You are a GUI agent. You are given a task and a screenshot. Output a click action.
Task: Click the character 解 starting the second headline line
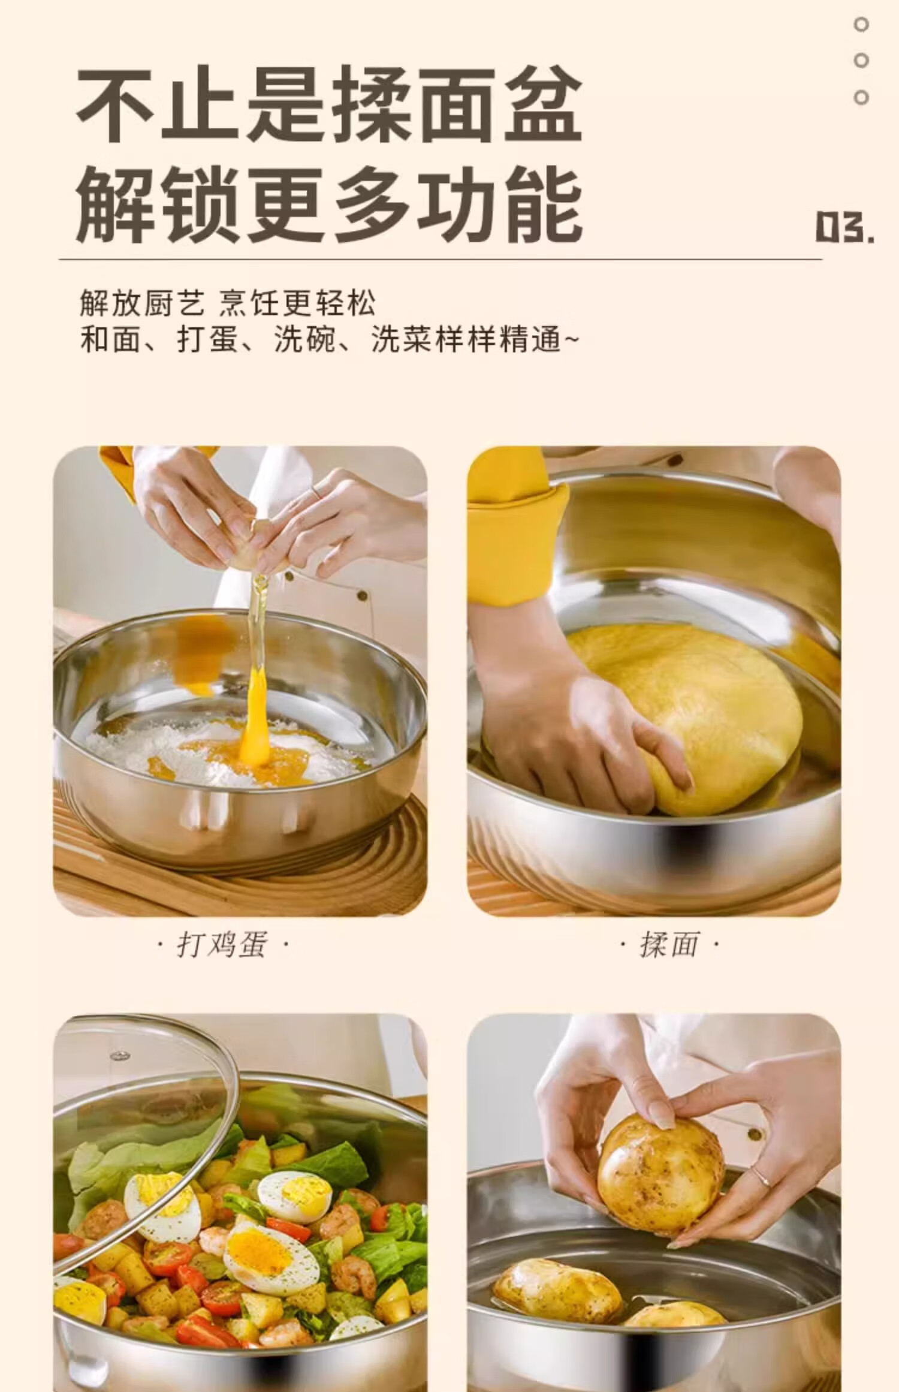(x=117, y=205)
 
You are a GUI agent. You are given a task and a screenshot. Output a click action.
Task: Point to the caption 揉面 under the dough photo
(x=669, y=945)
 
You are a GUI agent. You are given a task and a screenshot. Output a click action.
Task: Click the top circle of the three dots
(x=861, y=25)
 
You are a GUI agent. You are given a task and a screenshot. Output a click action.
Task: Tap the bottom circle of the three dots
(x=861, y=97)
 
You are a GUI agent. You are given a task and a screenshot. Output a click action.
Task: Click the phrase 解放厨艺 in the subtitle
(x=143, y=303)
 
